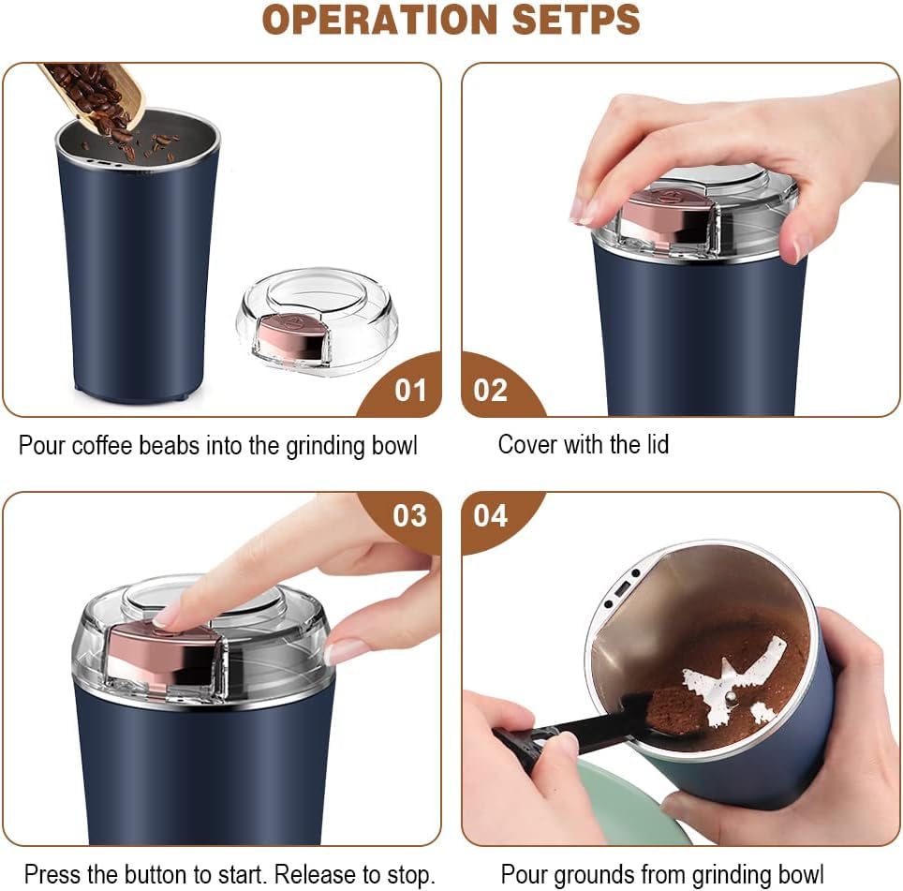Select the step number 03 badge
409,516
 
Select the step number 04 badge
491,516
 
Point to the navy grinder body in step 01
136,281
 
